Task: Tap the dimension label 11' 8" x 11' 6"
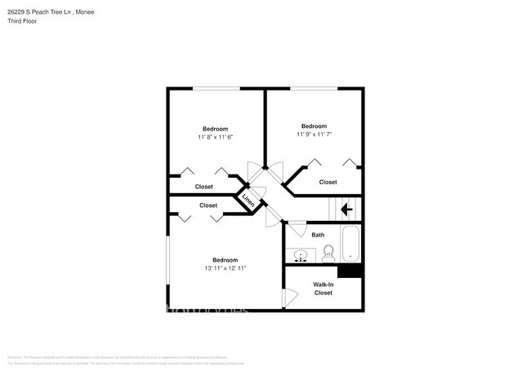coord(216,138)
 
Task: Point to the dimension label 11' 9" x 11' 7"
coord(314,135)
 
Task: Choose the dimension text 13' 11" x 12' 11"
coord(225,268)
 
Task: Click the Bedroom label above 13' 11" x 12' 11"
coord(225,259)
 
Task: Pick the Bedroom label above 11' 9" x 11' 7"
coord(314,126)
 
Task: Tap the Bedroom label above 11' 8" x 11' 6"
coord(216,129)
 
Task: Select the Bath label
coord(318,235)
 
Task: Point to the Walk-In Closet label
coord(324,289)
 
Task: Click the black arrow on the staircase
coord(346,210)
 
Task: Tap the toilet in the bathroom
coord(328,253)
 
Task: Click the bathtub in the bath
coord(350,244)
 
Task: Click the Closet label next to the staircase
coord(328,183)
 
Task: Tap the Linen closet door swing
coord(257,181)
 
